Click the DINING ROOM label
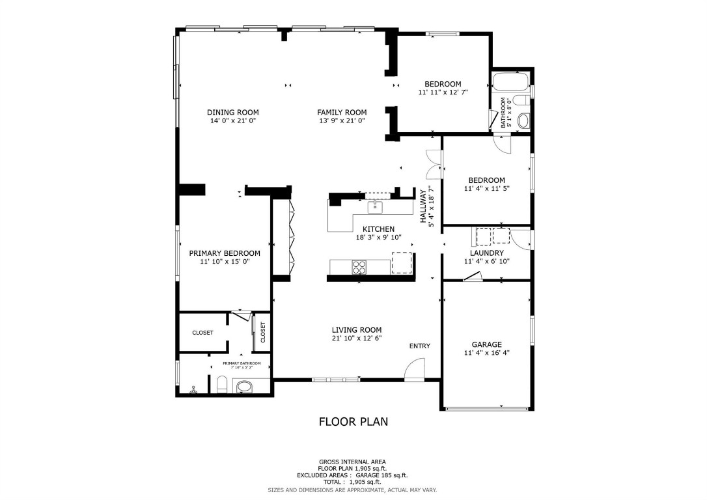233,112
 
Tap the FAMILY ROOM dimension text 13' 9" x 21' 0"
342,120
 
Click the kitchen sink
374,208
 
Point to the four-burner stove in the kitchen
359,266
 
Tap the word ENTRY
419,346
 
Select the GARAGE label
486,344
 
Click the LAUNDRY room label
486,253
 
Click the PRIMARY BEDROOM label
225,253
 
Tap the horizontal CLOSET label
202,333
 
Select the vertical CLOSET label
263,332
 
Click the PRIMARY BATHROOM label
242,363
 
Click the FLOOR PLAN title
353,421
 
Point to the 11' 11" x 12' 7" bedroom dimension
443,92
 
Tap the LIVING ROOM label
356,329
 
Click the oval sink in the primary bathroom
244,388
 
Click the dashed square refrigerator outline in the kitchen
402,262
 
